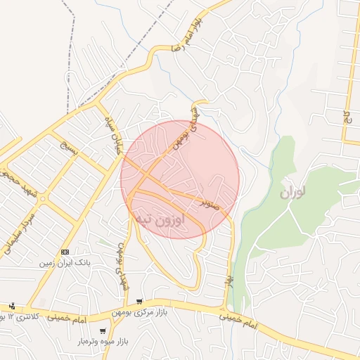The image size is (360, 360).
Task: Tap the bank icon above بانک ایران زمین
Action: pyautogui.click(x=65, y=252)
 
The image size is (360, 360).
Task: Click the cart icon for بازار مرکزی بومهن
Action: pyautogui.click(x=139, y=302)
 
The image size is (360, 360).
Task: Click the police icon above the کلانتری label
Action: pyautogui.click(x=12, y=306)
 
